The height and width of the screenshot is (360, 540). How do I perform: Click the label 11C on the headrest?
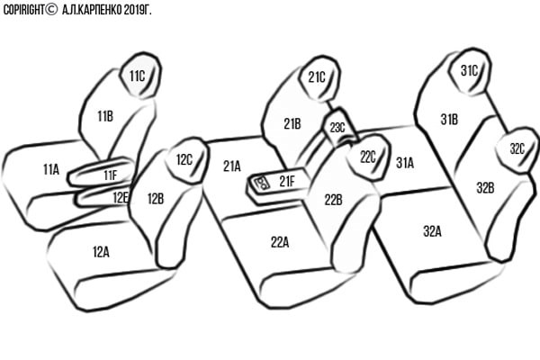tap(137, 76)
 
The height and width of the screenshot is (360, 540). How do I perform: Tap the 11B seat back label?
tap(104, 115)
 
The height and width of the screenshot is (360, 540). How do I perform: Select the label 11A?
tap(50, 168)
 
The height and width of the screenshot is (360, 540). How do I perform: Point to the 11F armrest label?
tap(110, 175)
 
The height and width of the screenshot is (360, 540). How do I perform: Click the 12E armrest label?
tap(121, 195)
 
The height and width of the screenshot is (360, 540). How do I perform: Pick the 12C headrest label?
tap(184, 160)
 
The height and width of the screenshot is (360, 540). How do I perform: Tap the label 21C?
tap(316, 77)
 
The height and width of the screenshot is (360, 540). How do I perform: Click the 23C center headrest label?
tap(337, 128)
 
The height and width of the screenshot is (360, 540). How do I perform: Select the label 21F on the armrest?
tap(286, 181)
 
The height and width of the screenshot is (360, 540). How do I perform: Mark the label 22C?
tap(367, 156)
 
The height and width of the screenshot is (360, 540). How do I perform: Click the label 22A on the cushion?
tap(280, 240)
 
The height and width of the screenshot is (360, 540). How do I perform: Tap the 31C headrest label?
tap(469, 70)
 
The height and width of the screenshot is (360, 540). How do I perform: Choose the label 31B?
tap(449, 119)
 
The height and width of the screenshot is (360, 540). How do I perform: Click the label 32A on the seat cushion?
tap(432, 231)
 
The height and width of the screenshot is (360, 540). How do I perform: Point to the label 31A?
tap(405, 163)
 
